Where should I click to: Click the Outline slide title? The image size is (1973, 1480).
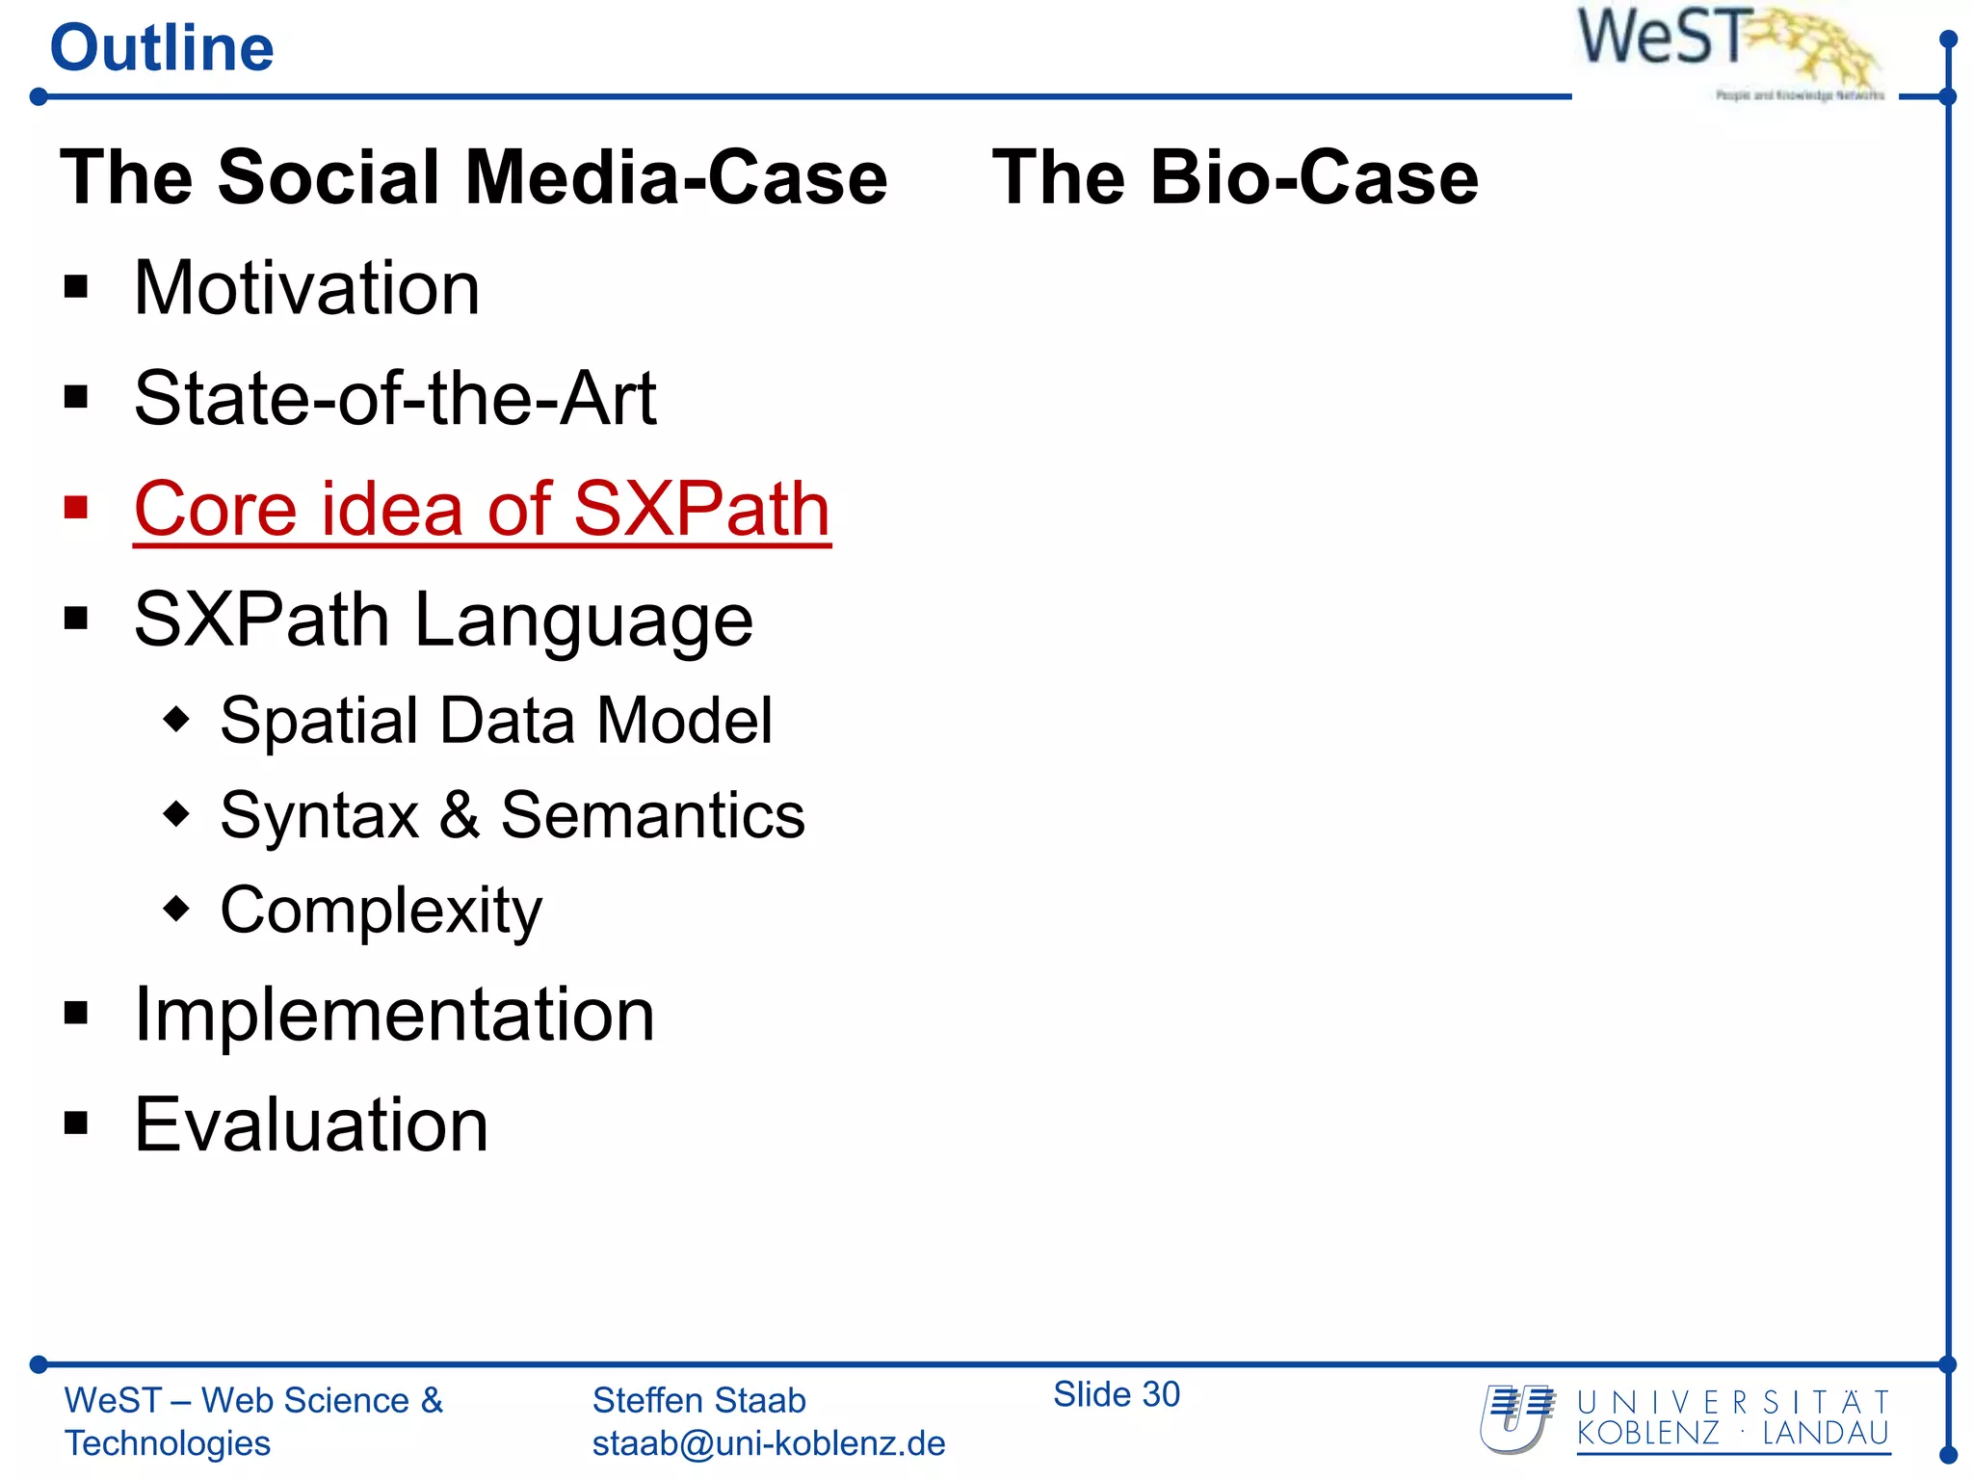click(162, 48)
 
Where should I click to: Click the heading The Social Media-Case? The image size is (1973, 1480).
click(473, 178)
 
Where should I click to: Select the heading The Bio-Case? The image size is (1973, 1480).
click(1235, 178)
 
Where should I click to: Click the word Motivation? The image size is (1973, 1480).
click(306, 288)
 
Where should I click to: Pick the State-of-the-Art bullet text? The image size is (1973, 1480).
click(395, 399)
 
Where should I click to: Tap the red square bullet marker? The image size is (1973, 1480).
click(76, 508)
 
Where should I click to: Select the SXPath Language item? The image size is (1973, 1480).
click(443, 620)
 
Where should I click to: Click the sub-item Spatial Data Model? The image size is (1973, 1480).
click(496, 721)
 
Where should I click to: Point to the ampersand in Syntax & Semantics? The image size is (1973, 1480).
click(460, 815)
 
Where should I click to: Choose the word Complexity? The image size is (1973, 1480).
click(381, 910)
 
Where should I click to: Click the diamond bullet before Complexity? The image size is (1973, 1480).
click(176, 908)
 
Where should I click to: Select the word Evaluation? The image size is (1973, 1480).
click(311, 1124)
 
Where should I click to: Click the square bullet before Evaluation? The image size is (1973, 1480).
click(76, 1123)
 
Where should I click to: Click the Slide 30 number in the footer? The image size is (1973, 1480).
click(1116, 1394)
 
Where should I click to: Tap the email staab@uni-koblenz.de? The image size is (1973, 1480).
click(768, 1443)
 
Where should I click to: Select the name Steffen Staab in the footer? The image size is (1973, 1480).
click(698, 1400)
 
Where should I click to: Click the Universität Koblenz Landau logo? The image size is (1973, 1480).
click(1686, 1418)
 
